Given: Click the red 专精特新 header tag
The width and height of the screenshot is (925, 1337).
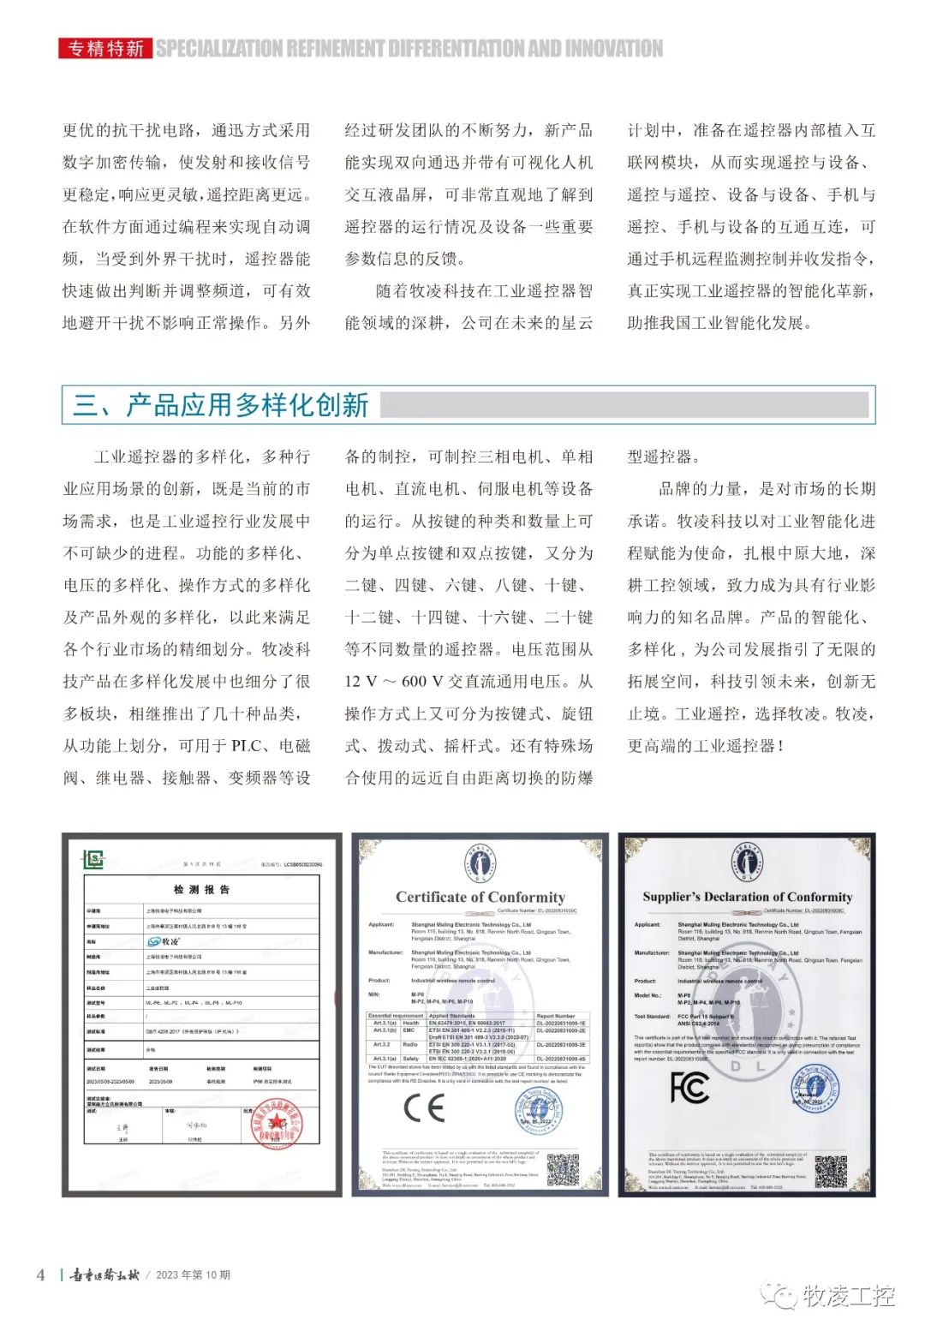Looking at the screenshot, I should tap(105, 49).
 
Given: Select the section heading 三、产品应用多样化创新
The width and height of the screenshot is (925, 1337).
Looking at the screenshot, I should tap(221, 405).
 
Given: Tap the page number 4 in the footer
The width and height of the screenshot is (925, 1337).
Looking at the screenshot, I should tap(40, 1274).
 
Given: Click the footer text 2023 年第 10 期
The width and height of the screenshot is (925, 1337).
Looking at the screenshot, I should tap(193, 1274).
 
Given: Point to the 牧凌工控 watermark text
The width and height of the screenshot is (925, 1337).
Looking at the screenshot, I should tap(848, 1297).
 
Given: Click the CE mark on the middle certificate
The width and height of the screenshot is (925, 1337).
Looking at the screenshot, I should tap(424, 1107).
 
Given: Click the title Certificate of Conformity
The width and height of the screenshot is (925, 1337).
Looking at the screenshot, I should tap(480, 897).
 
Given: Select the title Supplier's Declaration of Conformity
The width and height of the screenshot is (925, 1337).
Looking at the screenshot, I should tap(748, 897).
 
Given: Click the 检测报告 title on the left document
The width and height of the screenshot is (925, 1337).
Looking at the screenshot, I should tap(201, 889).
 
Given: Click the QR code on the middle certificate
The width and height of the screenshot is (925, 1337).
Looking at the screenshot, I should tap(563, 1169).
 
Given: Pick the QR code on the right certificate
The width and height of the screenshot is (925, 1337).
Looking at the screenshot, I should tap(830, 1171).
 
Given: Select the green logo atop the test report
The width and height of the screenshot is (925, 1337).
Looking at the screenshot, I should tap(92, 858).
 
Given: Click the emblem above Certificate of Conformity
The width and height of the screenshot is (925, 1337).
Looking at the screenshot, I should tap(480, 863).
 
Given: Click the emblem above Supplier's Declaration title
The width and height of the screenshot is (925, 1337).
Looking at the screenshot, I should tap(748, 863).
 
